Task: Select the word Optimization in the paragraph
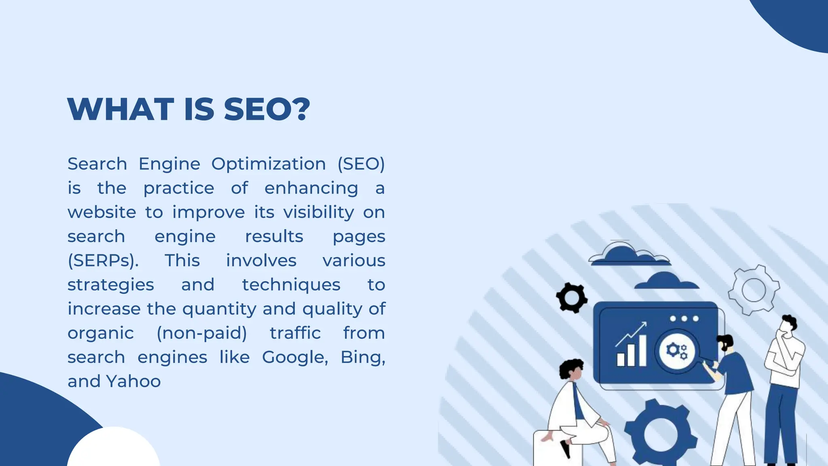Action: [x=268, y=164]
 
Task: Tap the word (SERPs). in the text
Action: [x=103, y=261]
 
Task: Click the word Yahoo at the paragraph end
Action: [x=133, y=381]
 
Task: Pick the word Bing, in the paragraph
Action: [x=363, y=358]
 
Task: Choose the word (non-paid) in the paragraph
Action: [x=202, y=333]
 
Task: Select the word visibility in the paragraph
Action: [x=319, y=212]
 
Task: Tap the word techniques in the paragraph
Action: [x=291, y=285]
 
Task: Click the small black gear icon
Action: [x=572, y=298]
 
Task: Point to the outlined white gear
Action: [x=754, y=290]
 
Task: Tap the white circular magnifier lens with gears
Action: [x=677, y=350]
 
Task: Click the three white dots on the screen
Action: [x=684, y=319]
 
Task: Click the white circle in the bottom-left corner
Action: [x=114, y=449]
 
